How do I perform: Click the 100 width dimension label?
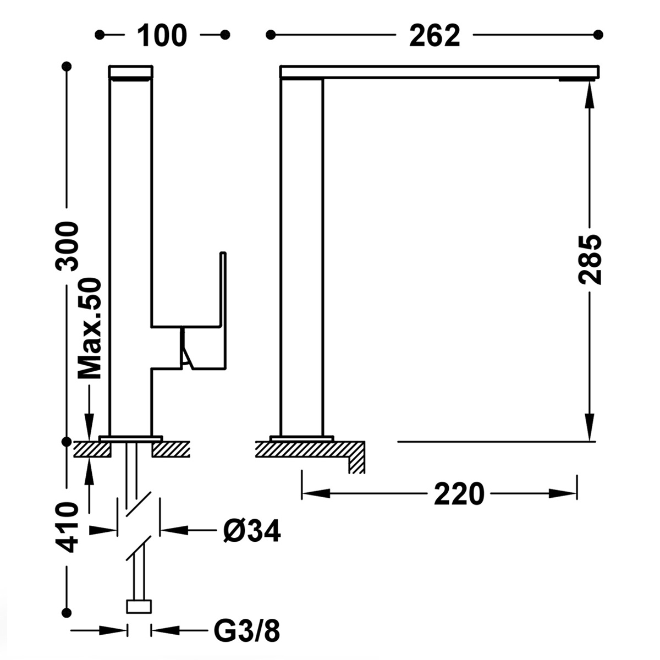(162, 36)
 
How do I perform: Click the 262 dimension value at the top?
(434, 36)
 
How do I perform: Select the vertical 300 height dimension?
(68, 245)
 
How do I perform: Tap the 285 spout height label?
(590, 260)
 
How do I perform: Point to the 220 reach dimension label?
(459, 493)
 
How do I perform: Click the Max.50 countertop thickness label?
(90, 329)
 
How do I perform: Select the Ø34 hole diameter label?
(252, 531)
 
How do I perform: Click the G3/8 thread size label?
(246, 632)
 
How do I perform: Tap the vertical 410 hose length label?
(68, 527)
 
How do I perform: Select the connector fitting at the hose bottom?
(139, 607)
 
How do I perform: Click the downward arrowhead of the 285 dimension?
(590, 429)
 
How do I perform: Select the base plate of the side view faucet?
(301, 438)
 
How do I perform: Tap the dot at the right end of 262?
(598, 35)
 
